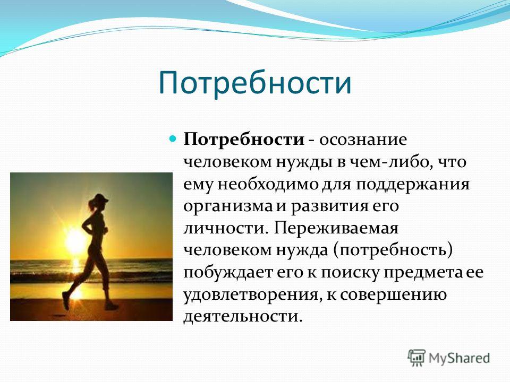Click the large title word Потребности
(255, 83)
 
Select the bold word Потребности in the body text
(244, 140)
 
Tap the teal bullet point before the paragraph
(173, 139)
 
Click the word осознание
(363, 140)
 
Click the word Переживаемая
(336, 229)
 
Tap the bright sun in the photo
(75, 241)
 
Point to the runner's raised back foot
(66, 301)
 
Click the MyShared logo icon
(416, 358)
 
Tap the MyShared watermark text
(459, 358)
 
